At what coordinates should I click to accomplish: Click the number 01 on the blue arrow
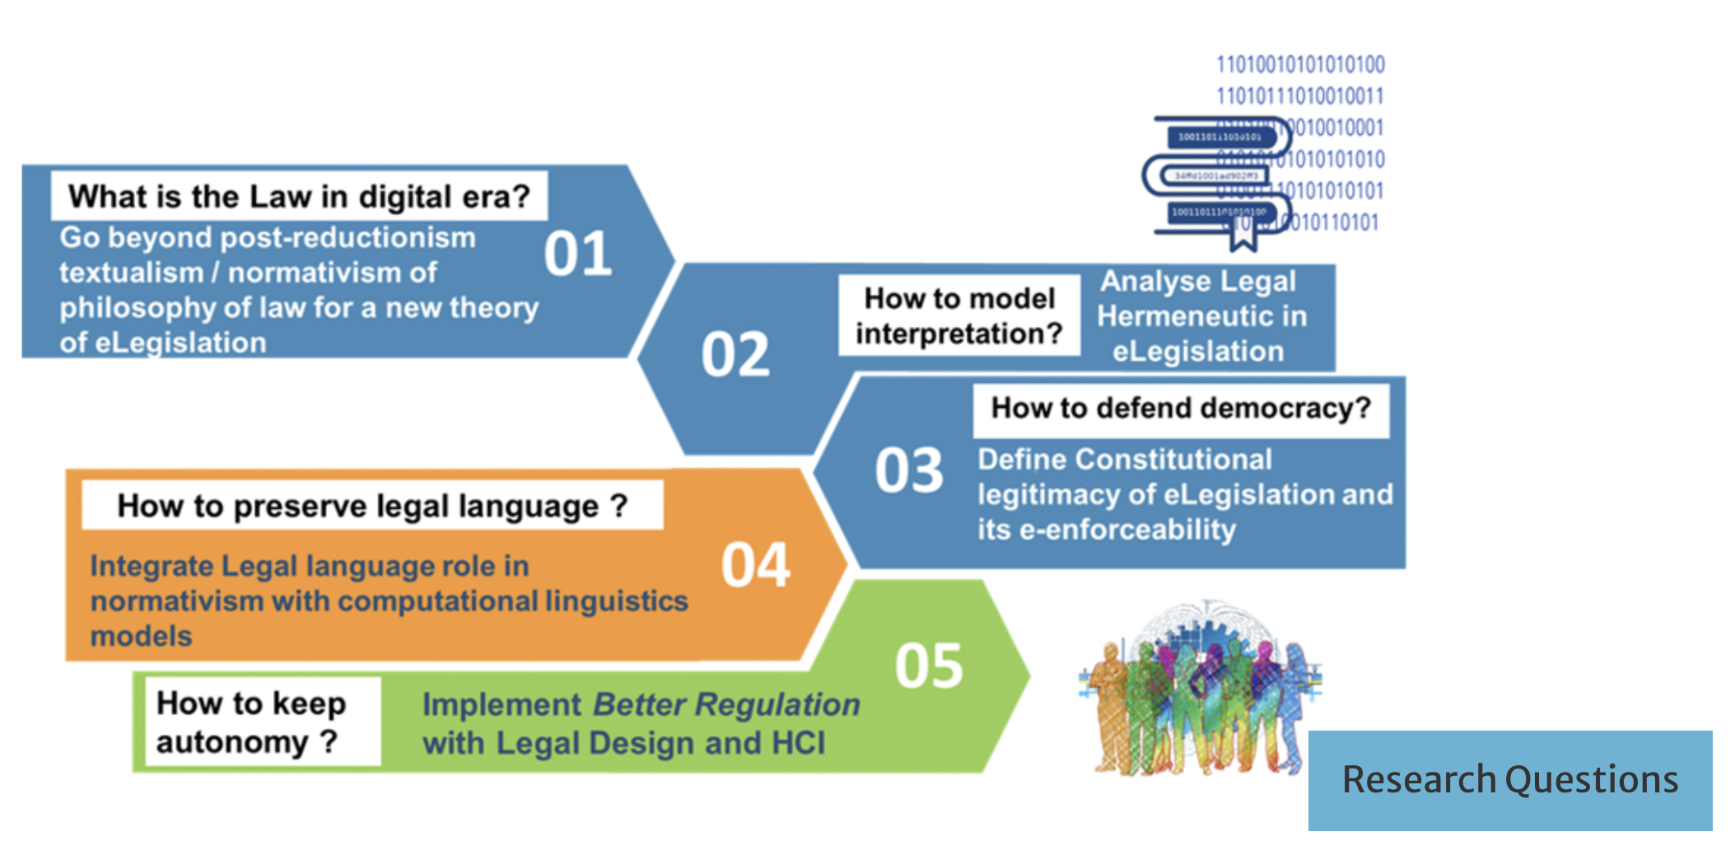coord(577,254)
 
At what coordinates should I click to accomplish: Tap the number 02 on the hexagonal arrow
coord(735,355)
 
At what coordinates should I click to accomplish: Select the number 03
coord(909,470)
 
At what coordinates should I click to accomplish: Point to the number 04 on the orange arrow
coord(755,565)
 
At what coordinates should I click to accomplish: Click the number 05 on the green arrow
coord(929,666)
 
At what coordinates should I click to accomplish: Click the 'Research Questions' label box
coord(1509,780)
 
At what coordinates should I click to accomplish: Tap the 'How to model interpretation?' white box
coord(958,315)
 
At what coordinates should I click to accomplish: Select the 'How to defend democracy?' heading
coord(1180,409)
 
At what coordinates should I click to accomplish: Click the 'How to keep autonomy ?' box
coord(255,722)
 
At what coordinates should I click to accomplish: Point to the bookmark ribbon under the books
coord(1243,235)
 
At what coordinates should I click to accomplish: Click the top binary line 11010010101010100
coord(1300,64)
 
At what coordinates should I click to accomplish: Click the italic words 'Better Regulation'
coord(725,705)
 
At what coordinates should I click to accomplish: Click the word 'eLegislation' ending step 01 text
coord(180,343)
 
